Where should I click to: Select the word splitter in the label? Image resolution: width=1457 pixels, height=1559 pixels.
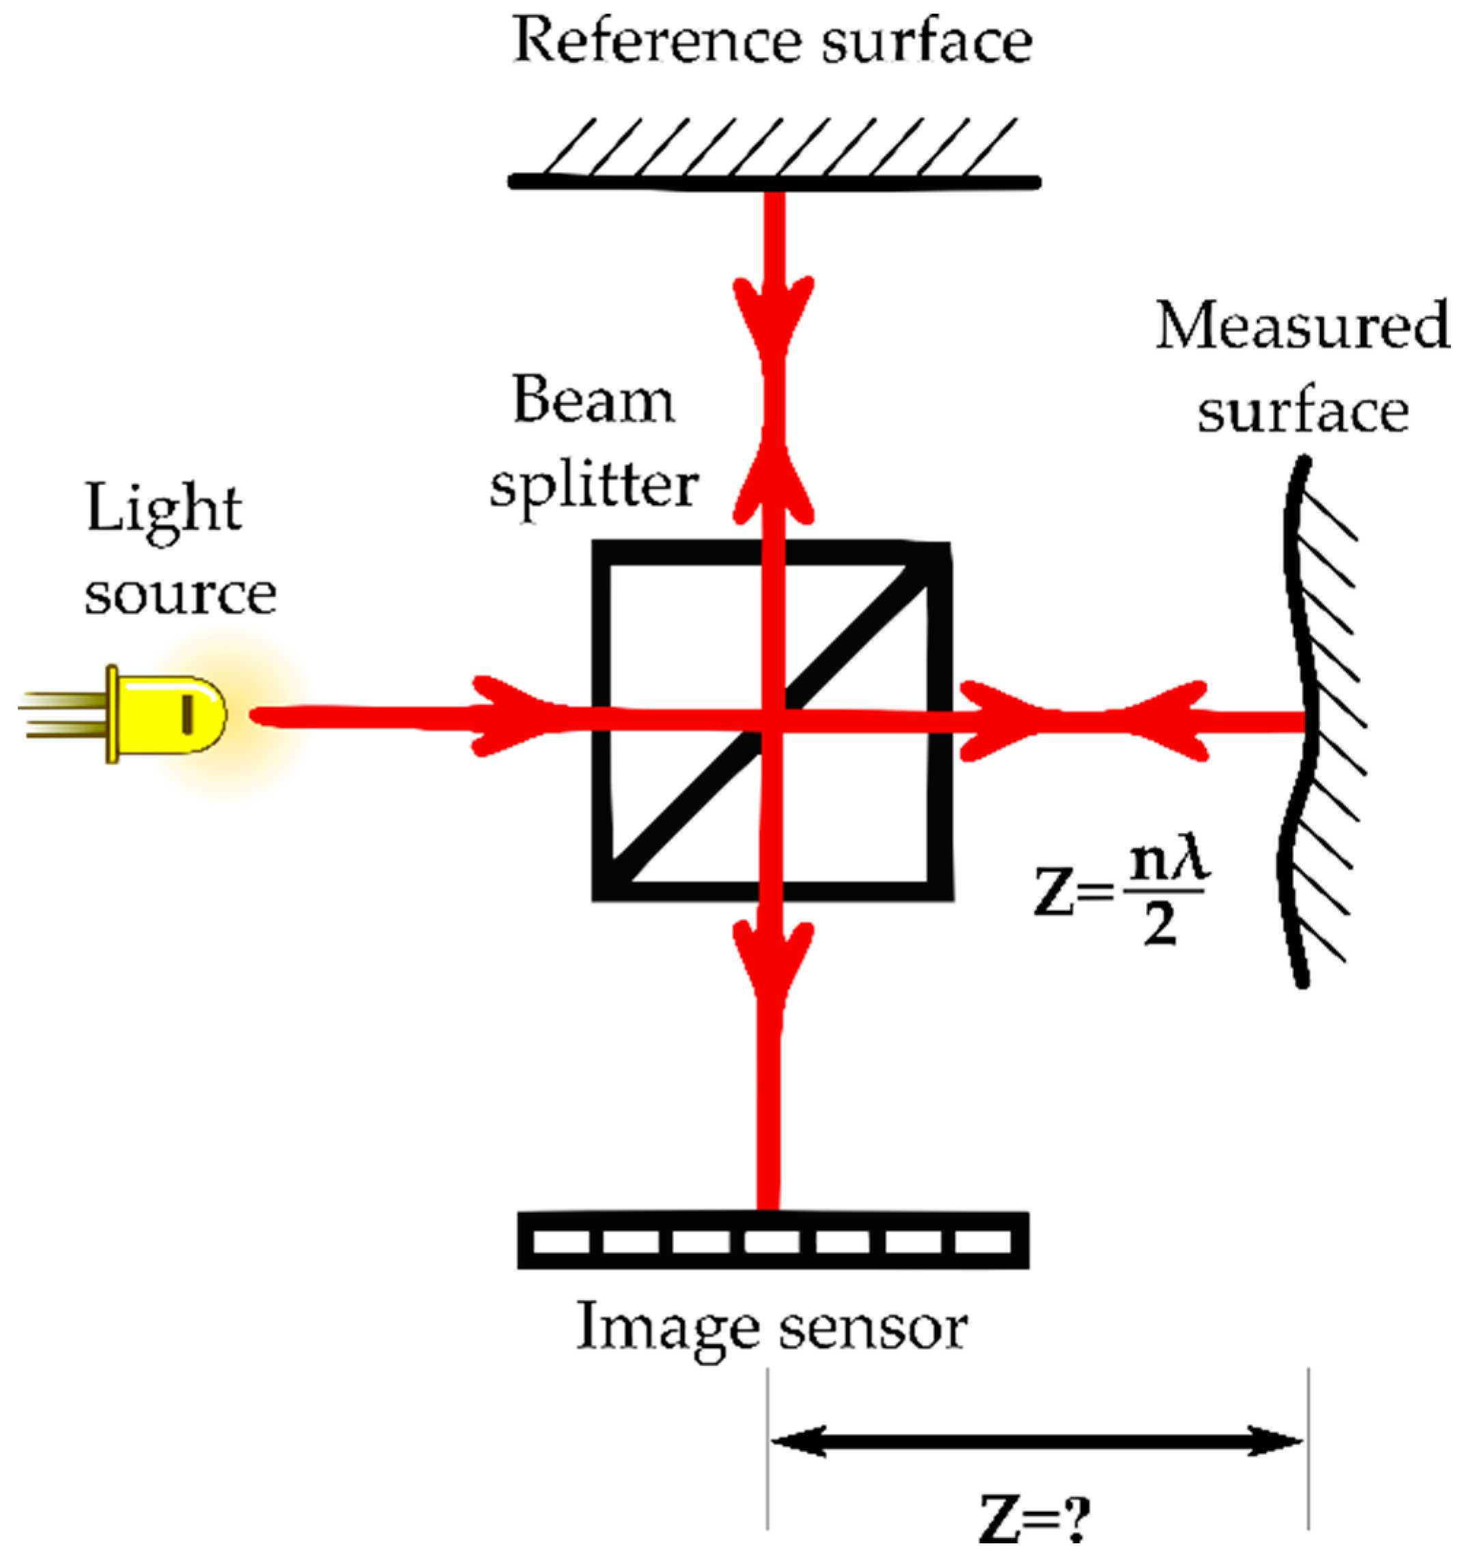point(593,486)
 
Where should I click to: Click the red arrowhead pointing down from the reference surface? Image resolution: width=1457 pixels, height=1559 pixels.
point(772,313)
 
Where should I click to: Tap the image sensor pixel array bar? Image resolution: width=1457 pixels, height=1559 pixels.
point(772,1241)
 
